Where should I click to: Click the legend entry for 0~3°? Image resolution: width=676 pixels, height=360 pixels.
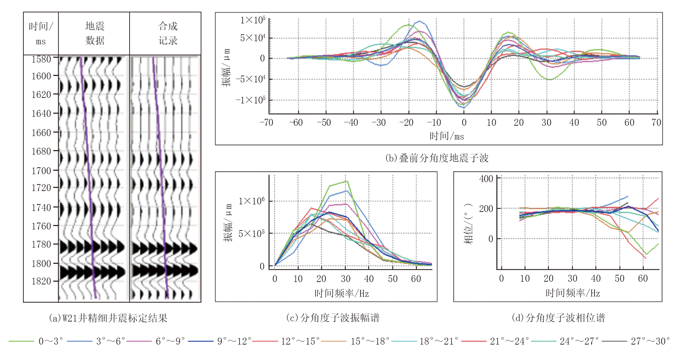(50, 341)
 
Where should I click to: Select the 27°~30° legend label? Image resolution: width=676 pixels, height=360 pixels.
(650, 341)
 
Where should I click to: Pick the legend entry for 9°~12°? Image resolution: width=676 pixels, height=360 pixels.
(234, 341)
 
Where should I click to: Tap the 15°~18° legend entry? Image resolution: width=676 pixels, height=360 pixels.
(369, 341)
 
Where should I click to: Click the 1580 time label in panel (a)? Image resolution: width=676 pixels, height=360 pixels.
(41, 59)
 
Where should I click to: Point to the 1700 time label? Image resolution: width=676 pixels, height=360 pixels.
(41, 171)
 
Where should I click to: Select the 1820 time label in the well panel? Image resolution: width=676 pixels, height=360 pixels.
(41, 281)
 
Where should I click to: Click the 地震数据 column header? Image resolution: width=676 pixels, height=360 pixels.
(95, 33)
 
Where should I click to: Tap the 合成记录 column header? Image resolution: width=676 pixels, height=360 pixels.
(168, 33)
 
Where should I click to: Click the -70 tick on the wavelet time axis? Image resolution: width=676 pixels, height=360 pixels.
(266, 123)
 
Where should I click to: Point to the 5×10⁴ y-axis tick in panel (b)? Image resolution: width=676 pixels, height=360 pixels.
(253, 38)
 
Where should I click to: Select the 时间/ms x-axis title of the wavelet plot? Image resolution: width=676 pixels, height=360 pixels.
(446, 136)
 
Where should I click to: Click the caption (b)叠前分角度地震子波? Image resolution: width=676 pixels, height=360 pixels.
(436, 158)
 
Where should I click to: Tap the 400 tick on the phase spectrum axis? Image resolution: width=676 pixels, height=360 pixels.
(486, 179)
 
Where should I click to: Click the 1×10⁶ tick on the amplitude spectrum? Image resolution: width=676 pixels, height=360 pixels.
(252, 201)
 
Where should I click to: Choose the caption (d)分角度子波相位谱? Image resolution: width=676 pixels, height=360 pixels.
(558, 318)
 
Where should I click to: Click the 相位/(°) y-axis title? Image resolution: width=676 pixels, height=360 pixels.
(468, 223)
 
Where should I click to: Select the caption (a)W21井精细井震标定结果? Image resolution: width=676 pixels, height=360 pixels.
(108, 318)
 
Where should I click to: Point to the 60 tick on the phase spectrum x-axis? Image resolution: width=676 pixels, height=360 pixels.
(643, 279)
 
